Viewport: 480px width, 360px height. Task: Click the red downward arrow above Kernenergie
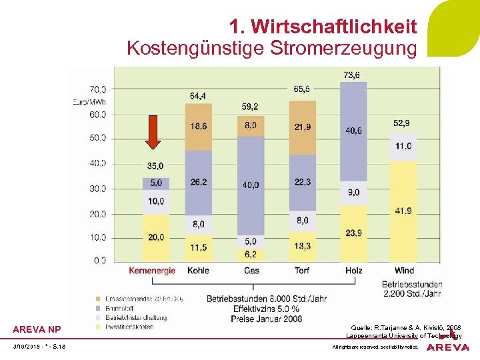coord(153,131)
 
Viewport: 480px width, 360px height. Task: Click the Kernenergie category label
coord(153,271)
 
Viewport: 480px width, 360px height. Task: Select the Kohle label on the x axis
coord(199,271)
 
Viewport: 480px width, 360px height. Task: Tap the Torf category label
coord(302,271)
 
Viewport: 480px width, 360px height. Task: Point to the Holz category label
coord(354,271)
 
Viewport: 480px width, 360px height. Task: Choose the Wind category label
coord(403,271)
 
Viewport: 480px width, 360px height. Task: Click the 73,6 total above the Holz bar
coord(352,75)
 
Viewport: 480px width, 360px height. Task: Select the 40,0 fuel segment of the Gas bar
coord(251,185)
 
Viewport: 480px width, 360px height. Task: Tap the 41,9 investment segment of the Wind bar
coord(403,211)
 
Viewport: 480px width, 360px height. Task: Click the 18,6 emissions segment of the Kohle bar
coord(199,126)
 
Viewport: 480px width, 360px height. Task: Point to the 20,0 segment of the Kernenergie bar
coord(156,237)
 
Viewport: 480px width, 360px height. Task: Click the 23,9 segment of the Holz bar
coord(354,233)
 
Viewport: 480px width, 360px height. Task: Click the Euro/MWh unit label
coord(89,101)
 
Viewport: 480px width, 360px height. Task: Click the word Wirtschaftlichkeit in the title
coord(323,27)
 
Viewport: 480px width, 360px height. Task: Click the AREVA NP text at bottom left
coord(37,329)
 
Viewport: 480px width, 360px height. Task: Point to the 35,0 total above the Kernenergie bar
coord(155,165)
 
